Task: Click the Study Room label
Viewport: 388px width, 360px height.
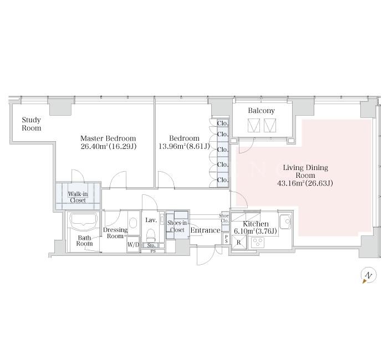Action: pos(32,124)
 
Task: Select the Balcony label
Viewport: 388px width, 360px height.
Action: pos(261,111)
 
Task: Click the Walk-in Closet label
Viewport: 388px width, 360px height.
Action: pos(78,197)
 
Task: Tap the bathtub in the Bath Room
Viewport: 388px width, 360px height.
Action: pos(83,219)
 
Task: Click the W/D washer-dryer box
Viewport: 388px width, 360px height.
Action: pos(133,245)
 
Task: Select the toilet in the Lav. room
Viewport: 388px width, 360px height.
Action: pos(151,235)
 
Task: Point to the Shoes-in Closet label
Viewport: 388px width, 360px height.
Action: pos(177,226)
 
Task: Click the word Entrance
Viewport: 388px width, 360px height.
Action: pos(206,230)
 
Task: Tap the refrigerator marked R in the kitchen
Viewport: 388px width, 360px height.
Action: pos(239,243)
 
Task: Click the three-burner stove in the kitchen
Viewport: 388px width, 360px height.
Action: pos(258,243)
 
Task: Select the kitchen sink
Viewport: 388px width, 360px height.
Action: pos(285,222)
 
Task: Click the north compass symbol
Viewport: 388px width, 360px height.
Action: pos(369,275)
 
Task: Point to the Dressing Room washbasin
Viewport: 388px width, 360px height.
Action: pos(134,223)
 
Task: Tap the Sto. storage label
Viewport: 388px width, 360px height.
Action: pos(151,245)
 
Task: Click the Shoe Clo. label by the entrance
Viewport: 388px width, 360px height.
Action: pos(224,218)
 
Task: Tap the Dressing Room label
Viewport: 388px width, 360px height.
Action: pos(115,233)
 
